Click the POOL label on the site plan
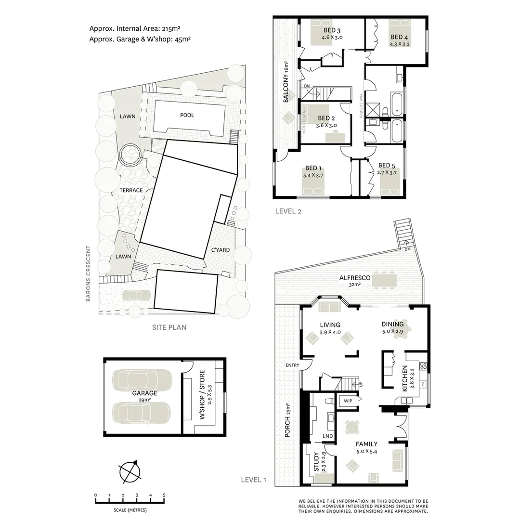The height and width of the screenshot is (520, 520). (x=188, y=116)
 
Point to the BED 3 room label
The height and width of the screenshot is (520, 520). (x=332, y=32)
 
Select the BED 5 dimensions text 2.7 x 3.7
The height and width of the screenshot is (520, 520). (x=387, y=172)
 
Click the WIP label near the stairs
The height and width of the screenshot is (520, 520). (x=348, y=400)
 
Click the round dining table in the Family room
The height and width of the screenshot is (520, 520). (x=353, y=427)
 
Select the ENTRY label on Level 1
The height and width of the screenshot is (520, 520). (x=292, y=365)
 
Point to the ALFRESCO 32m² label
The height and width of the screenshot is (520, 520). (x=355, y=281)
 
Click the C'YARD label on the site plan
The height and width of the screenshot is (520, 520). (x=221, y=250)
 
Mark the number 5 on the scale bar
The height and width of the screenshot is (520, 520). (x=164, y=495)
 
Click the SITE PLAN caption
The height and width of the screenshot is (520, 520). (x=169, y=327)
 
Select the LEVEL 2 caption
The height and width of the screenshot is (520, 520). (x=288, y=211)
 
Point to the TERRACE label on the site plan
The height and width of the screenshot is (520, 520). (x=131, y=191)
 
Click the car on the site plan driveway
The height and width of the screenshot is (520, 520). (x=136, y=295)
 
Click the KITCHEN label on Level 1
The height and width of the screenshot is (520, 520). (x=405, y=378)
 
